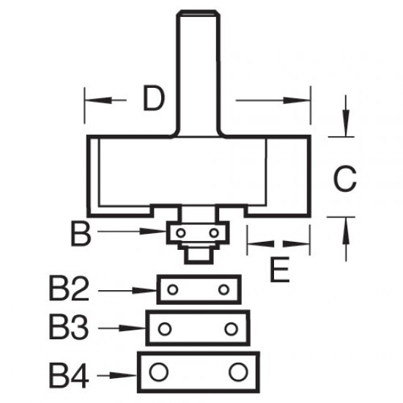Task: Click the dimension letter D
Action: [x=152, y=98]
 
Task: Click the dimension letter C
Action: [x=344, y=177]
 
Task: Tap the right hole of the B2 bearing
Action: [x=223, y=289]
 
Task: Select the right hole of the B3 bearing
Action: [x=232, y=328]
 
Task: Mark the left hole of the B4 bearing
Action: [x=156, y=372]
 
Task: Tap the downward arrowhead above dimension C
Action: [x=343, y=127]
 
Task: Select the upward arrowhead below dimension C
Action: [x=343, y=225]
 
